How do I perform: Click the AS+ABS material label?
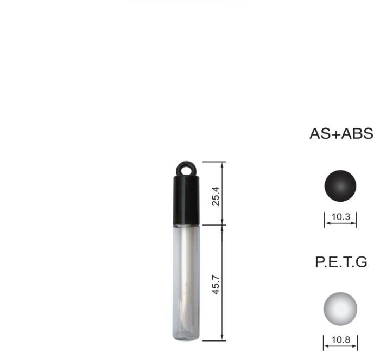(341, 133)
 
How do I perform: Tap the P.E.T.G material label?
(341, 262)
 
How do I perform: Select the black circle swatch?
(340, 185)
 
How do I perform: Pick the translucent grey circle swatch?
(340, 308)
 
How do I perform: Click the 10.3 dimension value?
(340, 217)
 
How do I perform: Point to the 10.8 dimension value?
(340, 339)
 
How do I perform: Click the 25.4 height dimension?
(216, 196)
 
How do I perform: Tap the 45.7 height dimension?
(216, 285)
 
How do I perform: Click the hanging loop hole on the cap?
(186, 170)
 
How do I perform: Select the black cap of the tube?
(186, 194)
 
